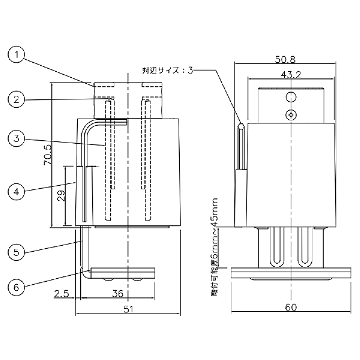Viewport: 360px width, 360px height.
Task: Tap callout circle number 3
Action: (16, 138)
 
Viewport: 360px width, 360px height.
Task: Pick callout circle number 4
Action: (16, 191)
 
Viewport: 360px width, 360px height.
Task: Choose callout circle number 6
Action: (16, 287)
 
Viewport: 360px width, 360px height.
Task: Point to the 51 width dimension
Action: (128, 309)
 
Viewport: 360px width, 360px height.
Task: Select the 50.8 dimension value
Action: (285, 59)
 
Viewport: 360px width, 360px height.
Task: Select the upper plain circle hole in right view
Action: (291, 97)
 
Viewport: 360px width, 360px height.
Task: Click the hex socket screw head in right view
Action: (291, 115)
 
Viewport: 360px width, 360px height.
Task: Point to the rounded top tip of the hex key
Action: (241, 126)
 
